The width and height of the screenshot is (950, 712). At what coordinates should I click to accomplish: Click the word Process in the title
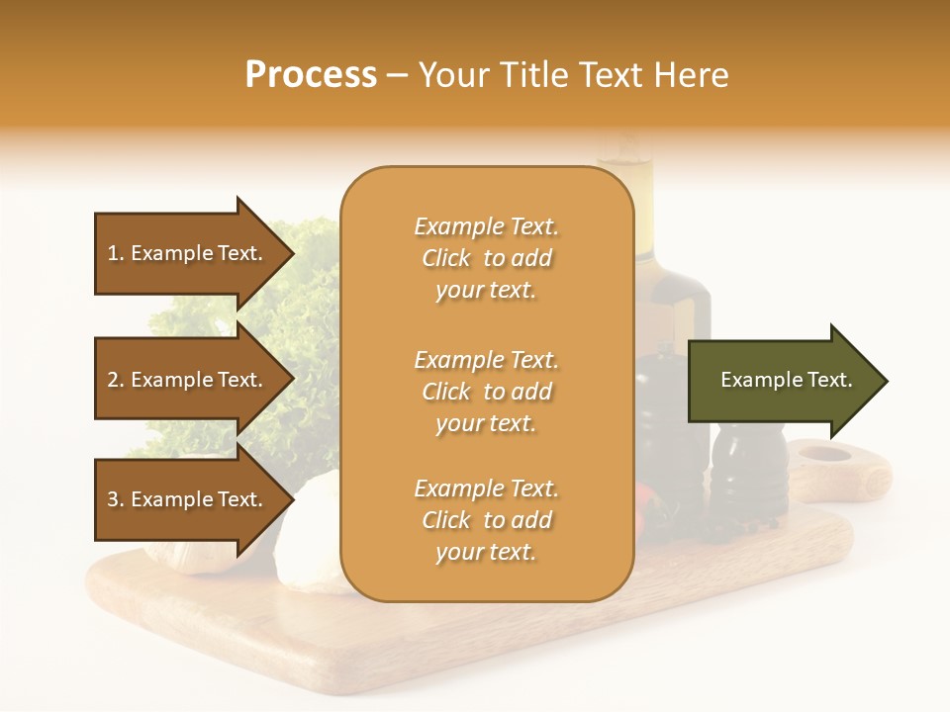311,75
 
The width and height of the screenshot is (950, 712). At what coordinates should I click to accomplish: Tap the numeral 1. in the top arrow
116,253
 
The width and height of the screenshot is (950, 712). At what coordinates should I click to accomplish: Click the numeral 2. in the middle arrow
116,380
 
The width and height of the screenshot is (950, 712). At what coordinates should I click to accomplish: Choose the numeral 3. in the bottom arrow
116,499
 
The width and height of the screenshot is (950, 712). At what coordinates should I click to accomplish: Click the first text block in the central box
486,258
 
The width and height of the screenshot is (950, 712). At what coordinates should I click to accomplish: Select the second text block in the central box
486,392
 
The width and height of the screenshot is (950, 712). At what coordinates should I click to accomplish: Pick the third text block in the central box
486,520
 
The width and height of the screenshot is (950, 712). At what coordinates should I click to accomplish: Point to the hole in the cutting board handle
823,455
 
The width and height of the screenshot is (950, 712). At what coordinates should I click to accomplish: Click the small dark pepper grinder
747,475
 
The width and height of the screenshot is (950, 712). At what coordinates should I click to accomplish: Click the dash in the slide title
398,75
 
